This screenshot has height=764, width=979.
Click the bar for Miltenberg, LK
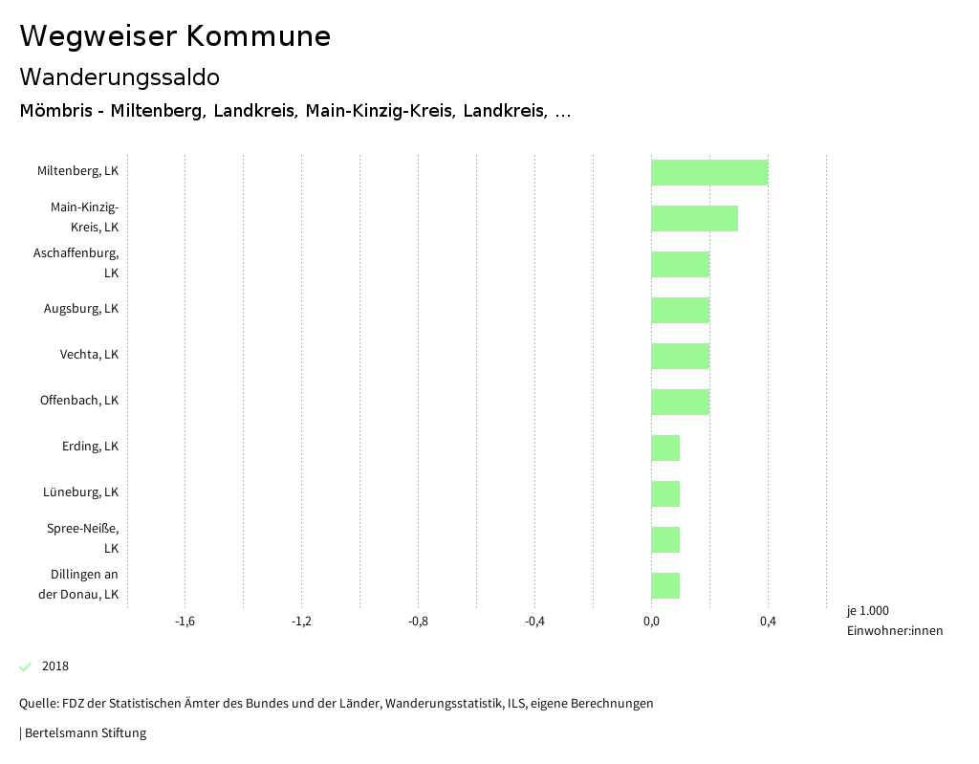click(x=709, y=172)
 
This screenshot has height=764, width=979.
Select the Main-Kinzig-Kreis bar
click(x=694, y=218)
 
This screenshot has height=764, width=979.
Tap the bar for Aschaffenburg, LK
click(x=680, y=264)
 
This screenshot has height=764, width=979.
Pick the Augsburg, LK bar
click(x=680, y=310)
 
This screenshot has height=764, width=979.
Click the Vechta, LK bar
click(x=680, y=356)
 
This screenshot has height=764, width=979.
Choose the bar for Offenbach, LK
click(x=680, y=402)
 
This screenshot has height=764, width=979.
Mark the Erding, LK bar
click(x=665, y=447)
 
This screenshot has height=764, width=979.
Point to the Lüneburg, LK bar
click(x=665, y=493)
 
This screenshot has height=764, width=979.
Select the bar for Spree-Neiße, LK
click(x=665, y=539)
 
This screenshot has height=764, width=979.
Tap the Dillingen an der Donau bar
click(x=665, y=585)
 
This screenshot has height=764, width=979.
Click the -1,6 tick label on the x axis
click(x=185, y=622)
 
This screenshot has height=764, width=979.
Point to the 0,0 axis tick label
click(x=651, y=622)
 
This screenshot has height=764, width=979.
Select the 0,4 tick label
click(x=768, y=622)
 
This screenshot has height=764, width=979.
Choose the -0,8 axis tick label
click(x=418, y=622)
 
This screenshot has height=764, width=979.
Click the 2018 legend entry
click(x=54, y=666)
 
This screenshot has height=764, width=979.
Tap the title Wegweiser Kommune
click(x=175, y=36)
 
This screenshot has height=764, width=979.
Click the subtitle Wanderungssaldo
click(x=120, y=76)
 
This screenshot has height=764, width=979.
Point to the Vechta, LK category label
click(x=89, y=355)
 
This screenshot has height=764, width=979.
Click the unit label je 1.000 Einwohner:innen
click(x=894, y=621)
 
